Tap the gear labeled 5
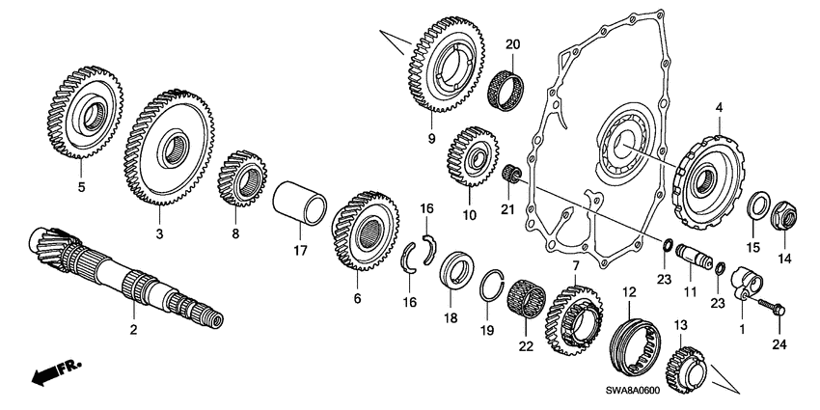(84, 115)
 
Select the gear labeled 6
(365, 232)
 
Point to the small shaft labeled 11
(695, 259)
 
